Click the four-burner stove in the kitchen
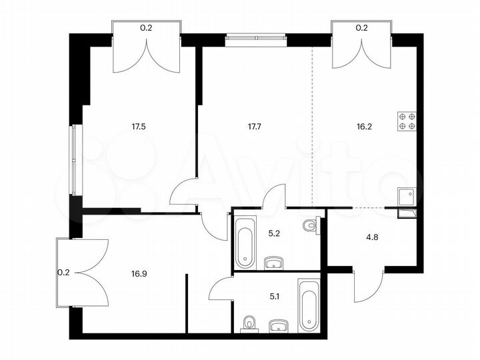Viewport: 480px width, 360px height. pyautogui.click(x=407, y=120)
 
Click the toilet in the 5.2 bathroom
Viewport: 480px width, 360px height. pyautogui.click(x=309, y=227)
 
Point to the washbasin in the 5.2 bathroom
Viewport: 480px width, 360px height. pyautogui.click(x=274, y=263)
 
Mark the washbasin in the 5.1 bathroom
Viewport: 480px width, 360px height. pyautogui.click(x=279, y=326)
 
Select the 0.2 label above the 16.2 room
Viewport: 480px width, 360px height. pyautogui.click(x=362, y=28)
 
